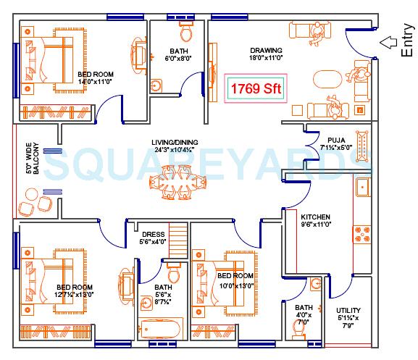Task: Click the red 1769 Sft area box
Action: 255,89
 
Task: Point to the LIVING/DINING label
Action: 175,143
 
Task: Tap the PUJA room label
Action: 335,139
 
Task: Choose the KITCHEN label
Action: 316,217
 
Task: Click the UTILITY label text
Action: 348,311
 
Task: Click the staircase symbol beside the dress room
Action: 178,237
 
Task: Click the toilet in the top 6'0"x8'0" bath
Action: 185,31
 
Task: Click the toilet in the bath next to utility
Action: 298,332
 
